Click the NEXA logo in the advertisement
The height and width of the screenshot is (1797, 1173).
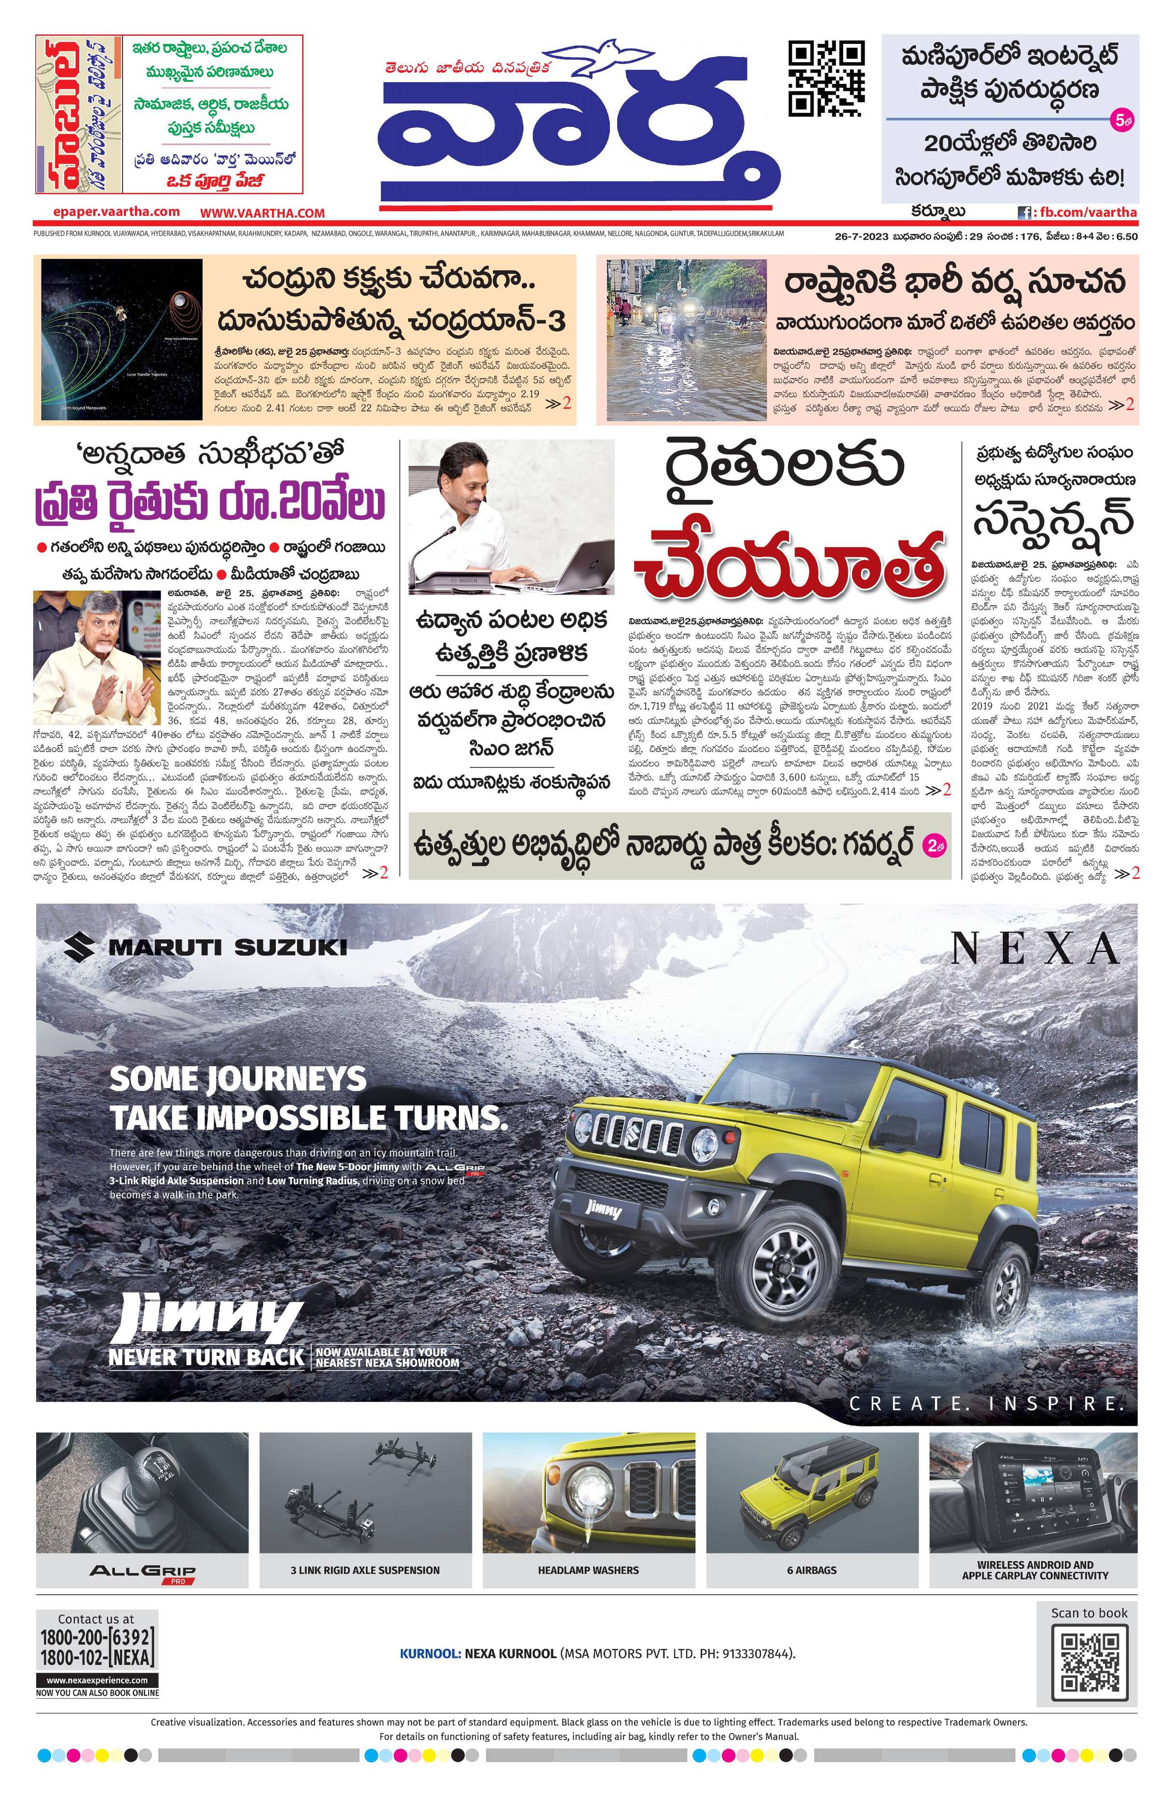click(1034, 948)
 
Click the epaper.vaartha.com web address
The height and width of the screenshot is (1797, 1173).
click(116, 212)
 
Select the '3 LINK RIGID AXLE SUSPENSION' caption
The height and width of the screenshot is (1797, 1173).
click(365, 1570)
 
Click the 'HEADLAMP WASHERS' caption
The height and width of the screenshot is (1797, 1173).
click(588, 1570)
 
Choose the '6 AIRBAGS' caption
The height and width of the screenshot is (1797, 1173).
click(812, 1570)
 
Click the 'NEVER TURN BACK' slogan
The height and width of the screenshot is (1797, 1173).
click(206, 1357)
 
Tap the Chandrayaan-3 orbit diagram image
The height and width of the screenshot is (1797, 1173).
click(122, 339)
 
